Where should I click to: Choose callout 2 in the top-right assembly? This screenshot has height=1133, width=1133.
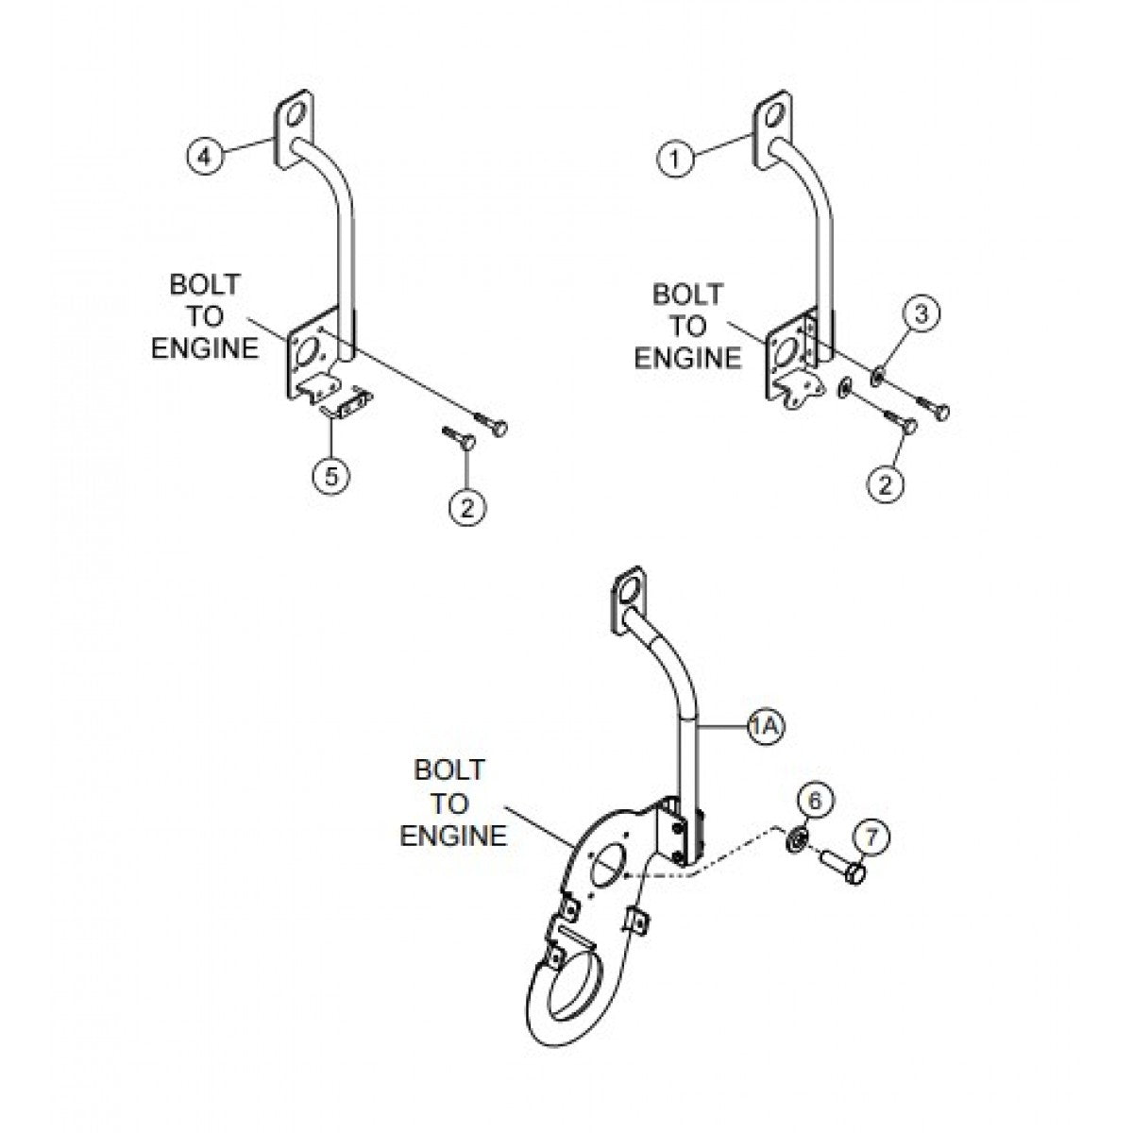(884, 483)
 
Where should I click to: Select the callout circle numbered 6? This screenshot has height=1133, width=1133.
(818, 801)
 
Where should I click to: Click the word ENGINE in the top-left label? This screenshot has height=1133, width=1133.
(205, 349)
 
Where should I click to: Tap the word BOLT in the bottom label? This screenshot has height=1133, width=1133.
(449, 771)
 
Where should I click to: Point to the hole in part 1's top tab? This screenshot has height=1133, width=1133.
(775, 120)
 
